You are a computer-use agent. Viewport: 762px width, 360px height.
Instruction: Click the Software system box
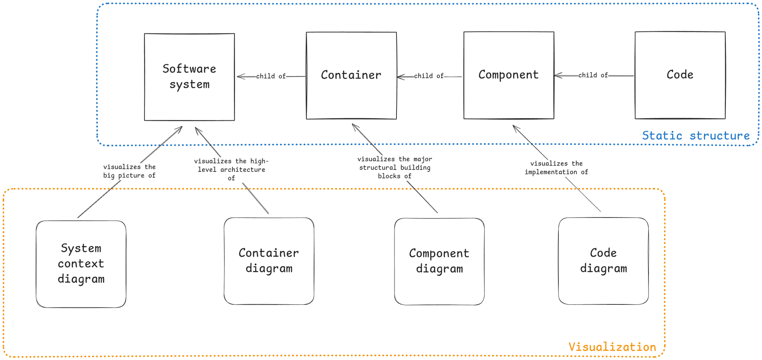189,77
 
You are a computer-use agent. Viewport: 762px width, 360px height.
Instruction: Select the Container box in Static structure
351,75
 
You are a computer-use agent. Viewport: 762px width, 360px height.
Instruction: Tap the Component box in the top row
508,75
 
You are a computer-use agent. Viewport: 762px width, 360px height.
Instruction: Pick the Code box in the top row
680,75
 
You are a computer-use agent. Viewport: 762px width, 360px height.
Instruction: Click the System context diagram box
81,264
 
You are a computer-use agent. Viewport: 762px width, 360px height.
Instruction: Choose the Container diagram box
269,261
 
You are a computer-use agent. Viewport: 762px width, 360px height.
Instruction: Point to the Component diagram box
439,261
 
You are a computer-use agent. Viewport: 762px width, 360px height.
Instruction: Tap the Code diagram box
603,261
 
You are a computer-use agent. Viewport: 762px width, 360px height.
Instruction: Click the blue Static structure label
696,136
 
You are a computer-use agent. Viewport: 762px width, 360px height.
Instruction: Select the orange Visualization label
612,347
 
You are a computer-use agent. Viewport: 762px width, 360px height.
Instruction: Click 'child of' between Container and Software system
271,76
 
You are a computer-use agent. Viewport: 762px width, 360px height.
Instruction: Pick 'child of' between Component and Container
429,76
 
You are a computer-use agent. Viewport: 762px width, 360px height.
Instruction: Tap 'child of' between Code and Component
593,75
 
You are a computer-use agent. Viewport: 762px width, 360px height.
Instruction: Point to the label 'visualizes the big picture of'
129,171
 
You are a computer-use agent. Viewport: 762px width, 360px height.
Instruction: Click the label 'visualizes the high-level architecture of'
231,169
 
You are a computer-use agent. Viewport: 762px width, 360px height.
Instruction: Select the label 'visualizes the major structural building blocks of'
395,167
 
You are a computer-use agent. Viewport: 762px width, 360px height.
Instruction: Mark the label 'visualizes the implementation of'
556,167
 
